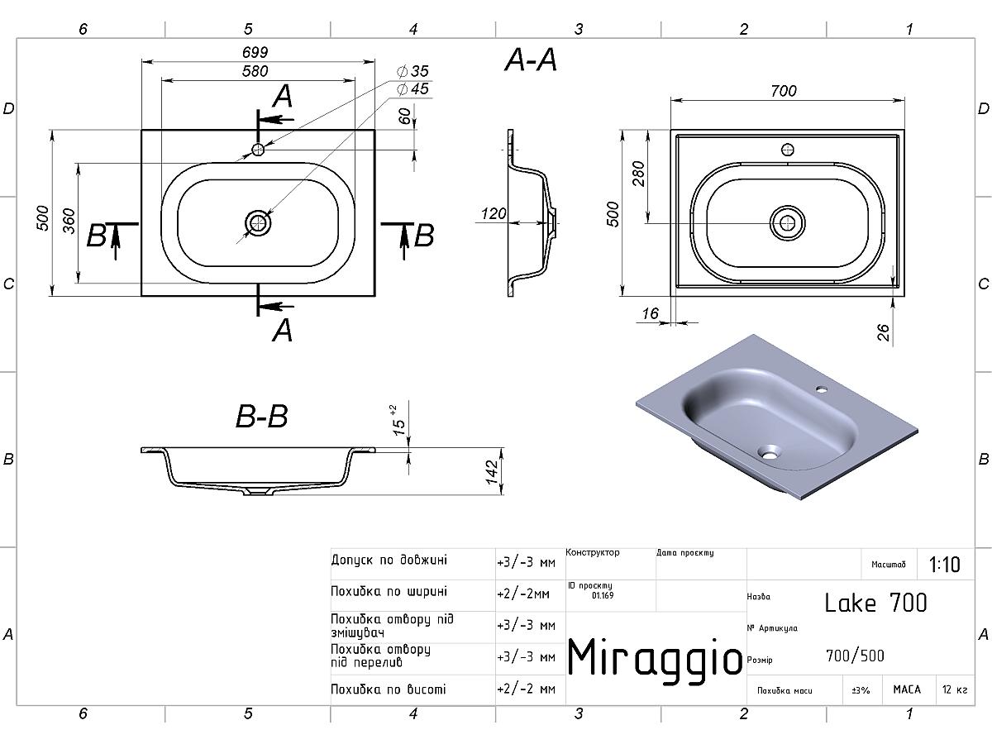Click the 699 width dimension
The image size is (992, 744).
click(x=255, y=52)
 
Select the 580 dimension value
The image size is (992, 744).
click(x=255, y=71)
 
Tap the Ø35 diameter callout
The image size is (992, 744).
click(x=413, y=71)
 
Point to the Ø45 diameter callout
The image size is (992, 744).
click(x=413, y=89)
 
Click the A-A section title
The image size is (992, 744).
click(x=531, y=60)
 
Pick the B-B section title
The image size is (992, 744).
click(x=262, y=416)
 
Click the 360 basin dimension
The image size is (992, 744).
click(x=69, y=221)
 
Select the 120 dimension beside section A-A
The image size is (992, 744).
click(x=494, y=213)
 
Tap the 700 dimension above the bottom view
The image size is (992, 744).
click(x=783, y=91)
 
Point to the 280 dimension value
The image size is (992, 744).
click(x=638, y=174)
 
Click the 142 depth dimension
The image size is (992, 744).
click(x=492, y=472)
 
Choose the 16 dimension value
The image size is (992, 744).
click(x=651, y=313)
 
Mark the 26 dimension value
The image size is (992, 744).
click(x=883, y=333)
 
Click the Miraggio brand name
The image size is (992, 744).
click(x=655, y=659)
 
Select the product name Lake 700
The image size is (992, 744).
click(x=875, y=603)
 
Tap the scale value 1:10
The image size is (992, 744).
click(x=944, y=565)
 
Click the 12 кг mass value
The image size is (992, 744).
click(x=955, y=689)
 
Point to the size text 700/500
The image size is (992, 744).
click(x=855, y=656)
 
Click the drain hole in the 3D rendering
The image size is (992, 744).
click(x=769, y=451)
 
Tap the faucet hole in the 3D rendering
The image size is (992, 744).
click(x=821, y=388)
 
